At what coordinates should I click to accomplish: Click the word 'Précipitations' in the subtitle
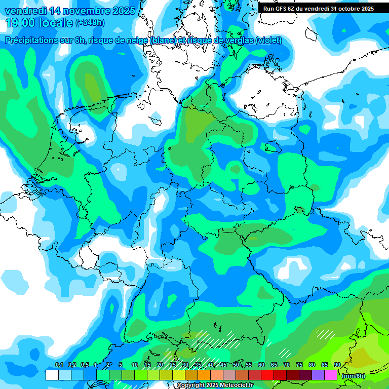32,41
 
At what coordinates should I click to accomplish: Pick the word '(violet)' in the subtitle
268,41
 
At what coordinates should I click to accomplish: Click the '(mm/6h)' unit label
353,376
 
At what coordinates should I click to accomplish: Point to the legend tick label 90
337,365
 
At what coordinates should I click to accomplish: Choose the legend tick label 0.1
59,365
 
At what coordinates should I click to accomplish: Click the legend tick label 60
261,365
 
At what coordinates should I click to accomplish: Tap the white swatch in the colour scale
52,375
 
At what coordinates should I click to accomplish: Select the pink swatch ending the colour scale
331,375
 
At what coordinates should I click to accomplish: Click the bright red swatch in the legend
267,375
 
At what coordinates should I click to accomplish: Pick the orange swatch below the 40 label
204,375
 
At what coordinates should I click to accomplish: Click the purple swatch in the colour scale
318,375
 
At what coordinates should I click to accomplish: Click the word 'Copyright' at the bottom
189,385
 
